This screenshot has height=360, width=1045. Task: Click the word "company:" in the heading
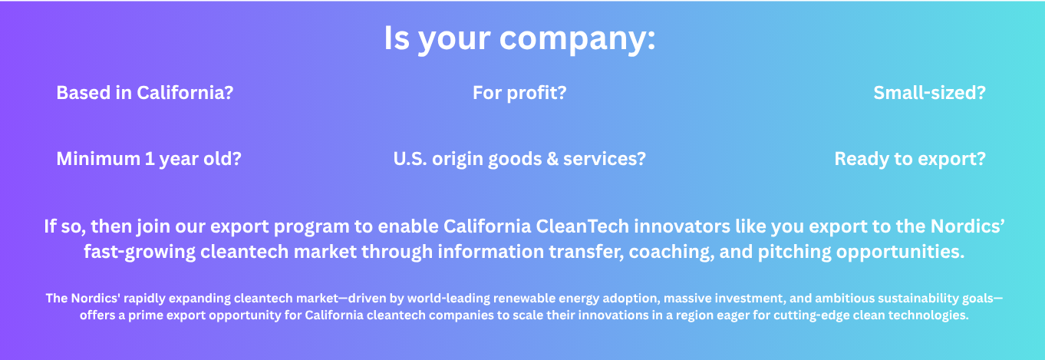tap(578, 39)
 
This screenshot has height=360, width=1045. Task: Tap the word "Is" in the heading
tap(397, 38)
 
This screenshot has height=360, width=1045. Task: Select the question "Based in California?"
tap(144, 92)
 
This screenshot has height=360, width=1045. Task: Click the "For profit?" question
tap(519, 92)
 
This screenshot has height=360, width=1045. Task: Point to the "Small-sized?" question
tap(929, 92)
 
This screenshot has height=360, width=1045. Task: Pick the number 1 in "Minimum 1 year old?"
tap(150, 159)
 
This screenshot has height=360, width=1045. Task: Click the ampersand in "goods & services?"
tap(552, 159)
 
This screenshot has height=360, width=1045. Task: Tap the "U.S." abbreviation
tap(410, 159)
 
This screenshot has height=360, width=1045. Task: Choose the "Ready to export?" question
tap(910, 159)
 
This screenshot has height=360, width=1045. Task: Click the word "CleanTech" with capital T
tap(582, 226)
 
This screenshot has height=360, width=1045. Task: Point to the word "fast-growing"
tap(140, 252)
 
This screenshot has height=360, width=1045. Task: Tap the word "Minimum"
tap(98, 159)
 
